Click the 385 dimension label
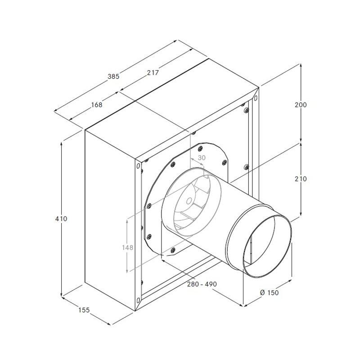pos(113,76)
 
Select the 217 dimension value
pos(153,72)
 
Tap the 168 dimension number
pos(97,105)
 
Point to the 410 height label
pos(61,219)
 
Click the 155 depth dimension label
pos(84,310)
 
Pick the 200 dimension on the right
pos(301,105)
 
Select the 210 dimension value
pos(301,179)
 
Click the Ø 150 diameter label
pos(269,292)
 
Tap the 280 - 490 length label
pos(202,284)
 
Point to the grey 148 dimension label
pos(127,247)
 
